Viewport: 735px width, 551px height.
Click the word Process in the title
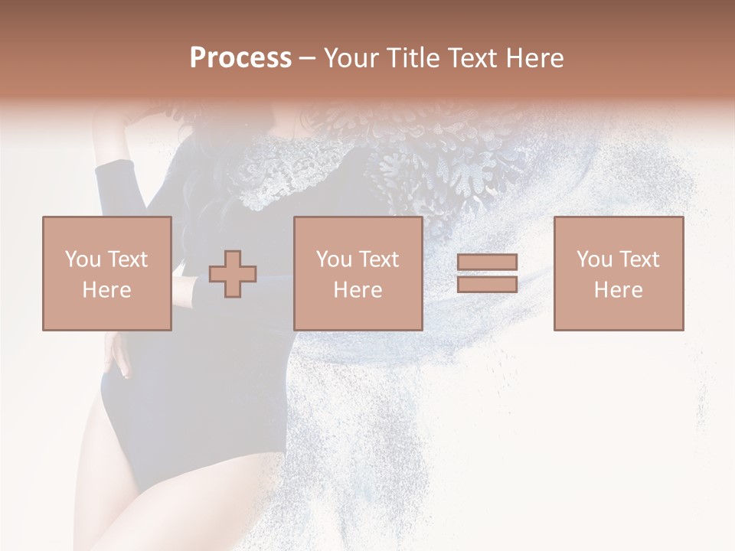pyautogui.click(x=240, y=58)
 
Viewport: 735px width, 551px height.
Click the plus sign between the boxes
pyautogui.click(x=233, y=274)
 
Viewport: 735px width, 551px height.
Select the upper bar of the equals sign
pyautogui.click(x=487, y=262)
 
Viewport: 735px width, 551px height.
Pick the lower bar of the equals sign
pyautogui.click(x=487, y=284)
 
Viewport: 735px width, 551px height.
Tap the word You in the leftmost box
pyautogui.click(x=82, y=259)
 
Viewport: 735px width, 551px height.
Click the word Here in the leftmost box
pyautogui.click(x=106, y=290)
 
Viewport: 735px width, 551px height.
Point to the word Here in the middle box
pyautogui.click(x=358, y=290)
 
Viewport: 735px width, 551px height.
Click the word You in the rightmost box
pyautogui.click(x=594, y=259)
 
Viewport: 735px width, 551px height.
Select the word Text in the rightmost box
pyautogui.click(x=639, y=259)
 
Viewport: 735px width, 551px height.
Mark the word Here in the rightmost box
pyautogui.click(x=618, y=290)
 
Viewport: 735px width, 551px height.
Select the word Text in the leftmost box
pyautogui.click(x=127, y=259)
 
